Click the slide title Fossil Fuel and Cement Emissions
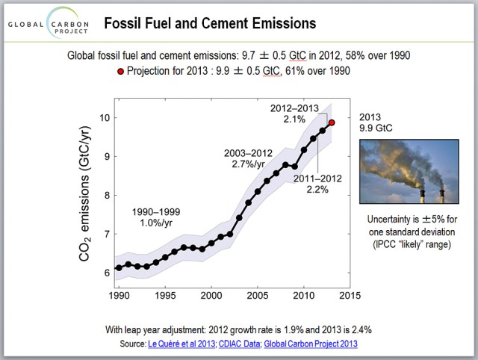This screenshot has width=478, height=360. pos(209,23)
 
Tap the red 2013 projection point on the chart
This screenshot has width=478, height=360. pos(331,122)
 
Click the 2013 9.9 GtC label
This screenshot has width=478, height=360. pos(375,123)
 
